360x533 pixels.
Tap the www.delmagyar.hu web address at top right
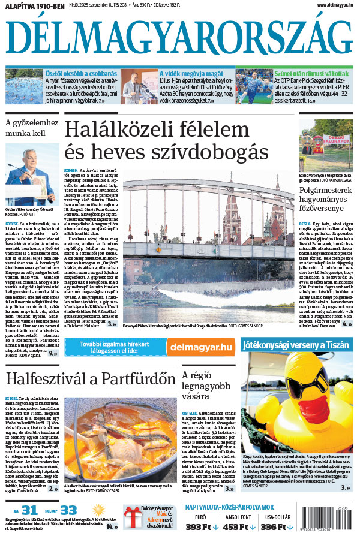(x=327, y=5)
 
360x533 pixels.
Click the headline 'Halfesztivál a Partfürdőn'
(x=86, y=380)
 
